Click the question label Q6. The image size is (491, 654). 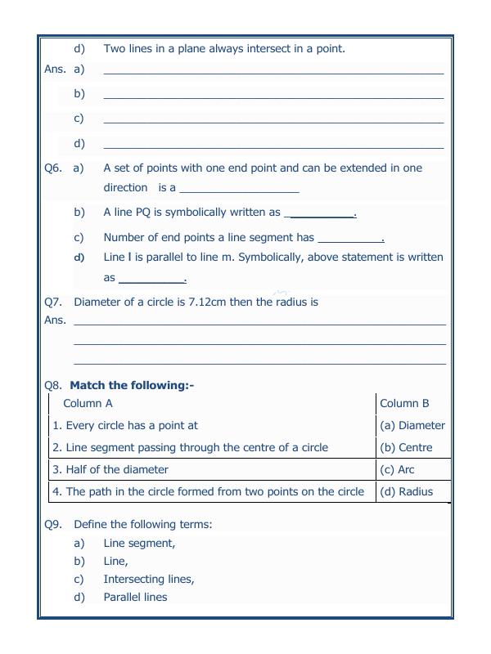[53, 168]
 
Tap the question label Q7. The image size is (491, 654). [53, 302]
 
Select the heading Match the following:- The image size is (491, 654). [132, 385]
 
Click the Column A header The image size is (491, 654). [88, 403]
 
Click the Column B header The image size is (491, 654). [404, 403]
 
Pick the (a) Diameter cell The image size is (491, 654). [412, 425]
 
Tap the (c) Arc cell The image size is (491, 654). [397, 469]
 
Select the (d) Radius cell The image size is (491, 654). [406, 491]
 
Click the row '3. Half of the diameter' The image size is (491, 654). [110, 469]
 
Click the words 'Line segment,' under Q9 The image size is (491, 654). [139, 543]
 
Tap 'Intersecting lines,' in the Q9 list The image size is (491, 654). [149, 579]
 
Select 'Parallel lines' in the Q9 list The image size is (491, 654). [135, 597]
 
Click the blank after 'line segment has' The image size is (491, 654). [350, 239]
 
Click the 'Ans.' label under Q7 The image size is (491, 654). [55, 320]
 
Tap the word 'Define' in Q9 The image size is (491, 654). [92, 524]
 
